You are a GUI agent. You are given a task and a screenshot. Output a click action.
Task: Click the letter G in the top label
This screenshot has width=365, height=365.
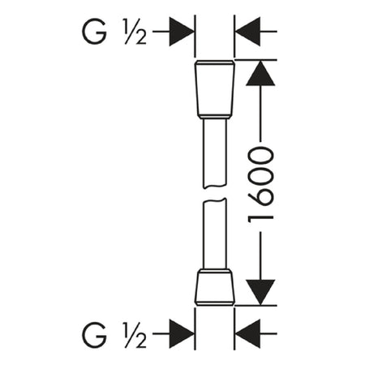pos(94,32)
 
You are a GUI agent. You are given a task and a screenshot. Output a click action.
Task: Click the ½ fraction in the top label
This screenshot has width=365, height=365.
pos(135,32)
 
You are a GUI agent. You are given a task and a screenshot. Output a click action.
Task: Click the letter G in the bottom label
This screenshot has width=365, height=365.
pos(94,334)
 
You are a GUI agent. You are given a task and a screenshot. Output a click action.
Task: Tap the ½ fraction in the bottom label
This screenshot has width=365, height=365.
pos(135,334)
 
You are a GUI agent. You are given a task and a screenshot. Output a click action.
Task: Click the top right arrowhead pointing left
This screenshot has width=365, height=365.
pos(248,32)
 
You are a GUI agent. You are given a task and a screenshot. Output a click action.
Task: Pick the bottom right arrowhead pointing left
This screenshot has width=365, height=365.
pos(248,334)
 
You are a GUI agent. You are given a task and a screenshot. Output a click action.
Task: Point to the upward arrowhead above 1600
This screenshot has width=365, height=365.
pos(260,74)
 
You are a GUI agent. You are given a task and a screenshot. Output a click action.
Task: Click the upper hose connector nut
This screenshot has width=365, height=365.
pos(214,90)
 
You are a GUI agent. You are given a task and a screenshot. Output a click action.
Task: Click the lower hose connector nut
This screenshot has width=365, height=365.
pos(214,287)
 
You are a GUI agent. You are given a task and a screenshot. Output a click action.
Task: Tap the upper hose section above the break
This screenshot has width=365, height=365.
pos(214,153)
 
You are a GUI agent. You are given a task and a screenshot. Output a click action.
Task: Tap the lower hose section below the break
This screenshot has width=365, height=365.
pos(214,234)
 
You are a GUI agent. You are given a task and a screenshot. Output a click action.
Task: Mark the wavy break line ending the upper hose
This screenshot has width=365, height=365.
pos(214,186)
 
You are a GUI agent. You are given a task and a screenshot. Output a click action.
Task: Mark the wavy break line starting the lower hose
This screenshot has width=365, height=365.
pos(214,200)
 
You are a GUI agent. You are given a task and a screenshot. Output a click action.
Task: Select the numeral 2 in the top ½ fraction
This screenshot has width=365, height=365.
pos(140,38)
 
